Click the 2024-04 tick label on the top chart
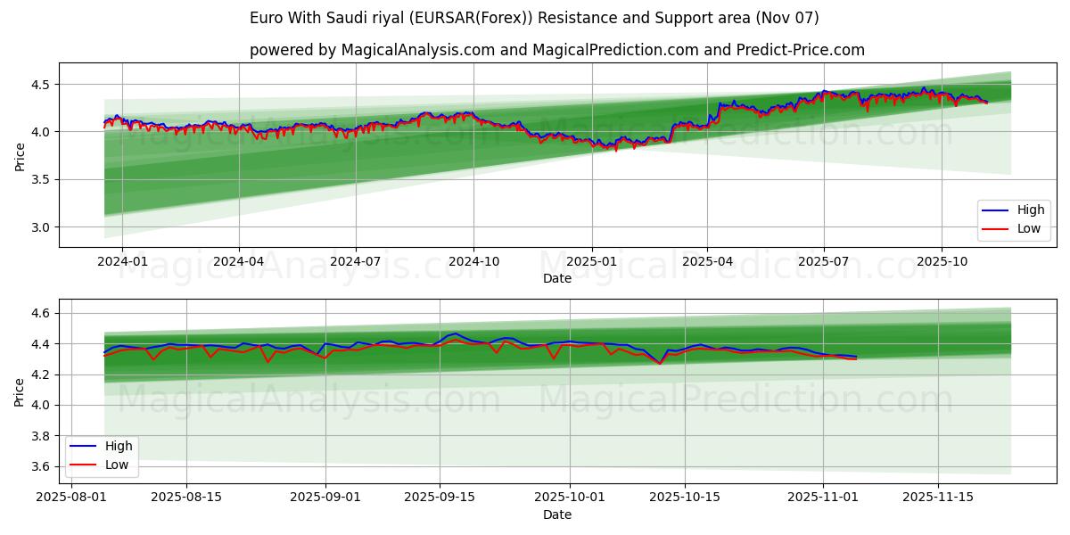click(x=239, y=262)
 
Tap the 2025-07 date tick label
click(x=823, y=262)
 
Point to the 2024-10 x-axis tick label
click(x=473, y=262)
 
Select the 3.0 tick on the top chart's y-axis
click(x=40, y=227)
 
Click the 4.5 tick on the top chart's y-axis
click(x=40, y=85)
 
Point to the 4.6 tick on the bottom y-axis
click(x=40, y=313)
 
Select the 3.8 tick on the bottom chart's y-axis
click(x=40, y=436)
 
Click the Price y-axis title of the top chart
click(x=20, y=155)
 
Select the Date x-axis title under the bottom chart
click(x=557, y=514)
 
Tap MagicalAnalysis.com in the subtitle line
click(x=417, y=50)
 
